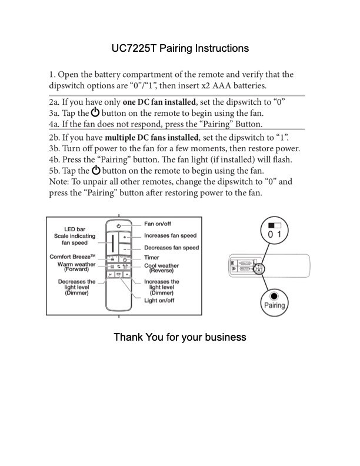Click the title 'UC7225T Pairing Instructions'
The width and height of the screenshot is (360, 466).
pos(180,48)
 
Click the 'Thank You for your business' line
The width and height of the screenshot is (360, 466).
pos(179,337)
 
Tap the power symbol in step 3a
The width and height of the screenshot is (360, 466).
pos(95,112)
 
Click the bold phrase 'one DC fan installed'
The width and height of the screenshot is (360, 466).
pos(159,102)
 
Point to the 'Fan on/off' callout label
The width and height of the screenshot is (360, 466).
pos(158,224)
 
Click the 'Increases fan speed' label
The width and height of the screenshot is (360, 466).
pos(171,236)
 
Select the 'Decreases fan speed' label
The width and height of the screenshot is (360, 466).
pos(172,248)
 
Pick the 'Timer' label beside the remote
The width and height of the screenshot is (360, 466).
pos(152,258)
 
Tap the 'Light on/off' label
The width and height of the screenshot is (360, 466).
pos(159,301)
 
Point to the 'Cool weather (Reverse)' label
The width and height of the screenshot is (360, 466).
pos(162,268)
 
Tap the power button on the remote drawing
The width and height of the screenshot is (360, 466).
pos(118,226)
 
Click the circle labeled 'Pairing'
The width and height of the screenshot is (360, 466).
pos(274,301)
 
